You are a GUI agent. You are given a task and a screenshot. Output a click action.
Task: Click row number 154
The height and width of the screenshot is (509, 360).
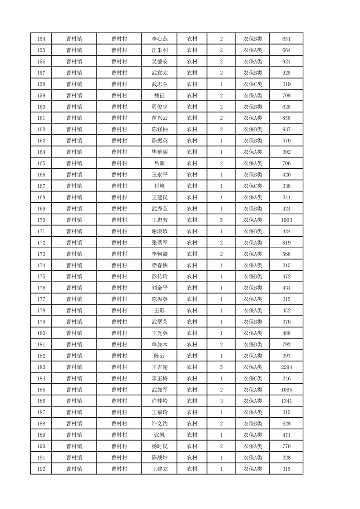(x=41, y=39)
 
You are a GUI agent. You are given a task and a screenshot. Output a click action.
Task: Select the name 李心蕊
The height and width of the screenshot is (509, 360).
(x=160, y=39)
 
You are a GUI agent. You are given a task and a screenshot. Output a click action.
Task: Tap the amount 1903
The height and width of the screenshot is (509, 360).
(x=286, y=220)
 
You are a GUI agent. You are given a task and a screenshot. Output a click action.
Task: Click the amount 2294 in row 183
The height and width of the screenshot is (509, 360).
(x=286, y=367)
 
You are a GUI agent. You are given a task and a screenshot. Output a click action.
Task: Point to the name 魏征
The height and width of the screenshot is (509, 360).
(x=160, y=96)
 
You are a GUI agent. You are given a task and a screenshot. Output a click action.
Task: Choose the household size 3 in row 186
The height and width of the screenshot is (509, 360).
(x=221, y=401)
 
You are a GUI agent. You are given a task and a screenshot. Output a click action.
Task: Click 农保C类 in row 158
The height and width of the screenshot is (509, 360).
(x=252, y=84)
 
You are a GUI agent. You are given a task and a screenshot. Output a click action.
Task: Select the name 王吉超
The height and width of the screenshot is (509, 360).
(x=160, y=367)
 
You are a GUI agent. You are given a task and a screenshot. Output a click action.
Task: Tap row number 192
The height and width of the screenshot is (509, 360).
(x=41, y=469)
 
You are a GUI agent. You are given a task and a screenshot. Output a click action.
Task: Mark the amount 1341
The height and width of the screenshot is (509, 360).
(x=286, y=401)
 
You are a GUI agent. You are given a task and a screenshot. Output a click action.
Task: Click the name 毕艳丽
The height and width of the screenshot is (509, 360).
(x=160, y=152)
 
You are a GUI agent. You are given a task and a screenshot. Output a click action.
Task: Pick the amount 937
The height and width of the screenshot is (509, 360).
(x=286, y=129)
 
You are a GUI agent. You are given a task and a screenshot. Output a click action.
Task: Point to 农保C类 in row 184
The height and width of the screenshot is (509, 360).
(x=252, y=378)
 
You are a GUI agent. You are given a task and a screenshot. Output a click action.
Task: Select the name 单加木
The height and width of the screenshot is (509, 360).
(x=160, y=344)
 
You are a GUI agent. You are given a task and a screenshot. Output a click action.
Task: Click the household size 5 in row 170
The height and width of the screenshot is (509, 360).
(x=221, y=220)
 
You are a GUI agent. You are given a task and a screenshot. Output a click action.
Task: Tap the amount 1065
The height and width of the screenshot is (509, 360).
(x=286, y=390)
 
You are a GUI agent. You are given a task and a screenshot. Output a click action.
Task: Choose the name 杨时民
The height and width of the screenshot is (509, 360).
(x=160, y=446)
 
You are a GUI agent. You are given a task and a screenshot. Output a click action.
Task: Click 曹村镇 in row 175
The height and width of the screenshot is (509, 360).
(x=74, y=277)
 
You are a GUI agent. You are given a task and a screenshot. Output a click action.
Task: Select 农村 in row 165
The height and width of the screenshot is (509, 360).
(x=192, y=163)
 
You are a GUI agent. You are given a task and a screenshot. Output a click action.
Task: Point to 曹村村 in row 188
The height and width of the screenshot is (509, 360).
(x=119, y=424)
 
